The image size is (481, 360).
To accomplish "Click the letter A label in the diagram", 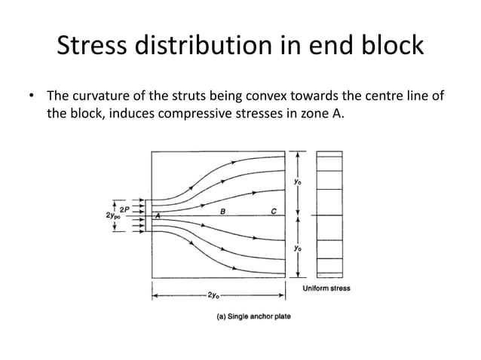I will point(158,216).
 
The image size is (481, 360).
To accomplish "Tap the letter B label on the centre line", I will point(222,212).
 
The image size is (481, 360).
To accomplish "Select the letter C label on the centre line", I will point(273,212).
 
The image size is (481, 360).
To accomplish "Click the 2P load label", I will point(121,209).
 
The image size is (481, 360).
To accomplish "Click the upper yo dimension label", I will point(297,182).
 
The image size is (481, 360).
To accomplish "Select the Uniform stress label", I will point(326,288).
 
